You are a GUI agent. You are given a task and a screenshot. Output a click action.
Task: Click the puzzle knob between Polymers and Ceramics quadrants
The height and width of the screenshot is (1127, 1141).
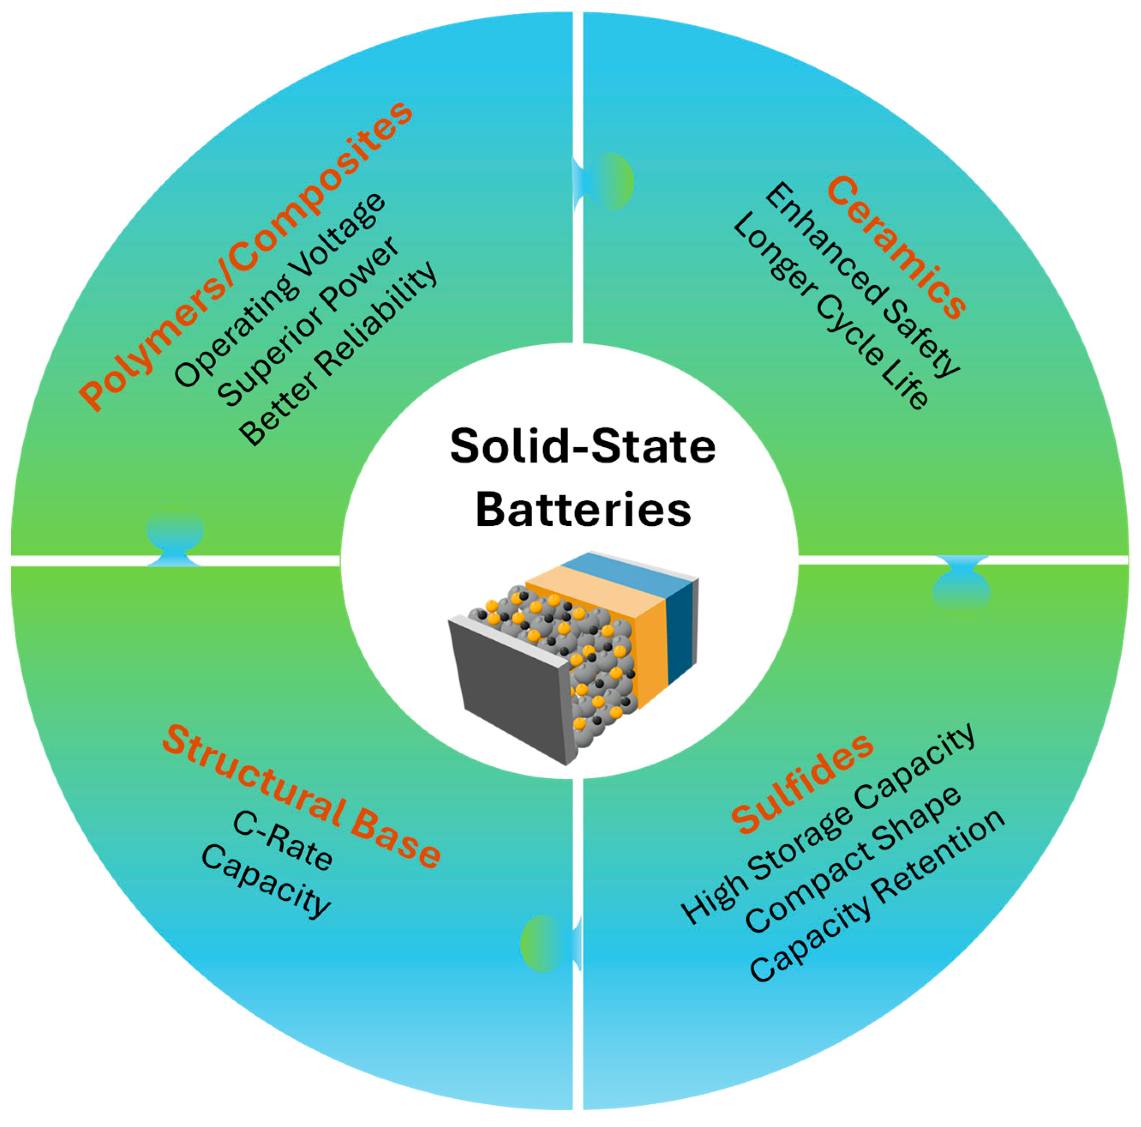(608, 181)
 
